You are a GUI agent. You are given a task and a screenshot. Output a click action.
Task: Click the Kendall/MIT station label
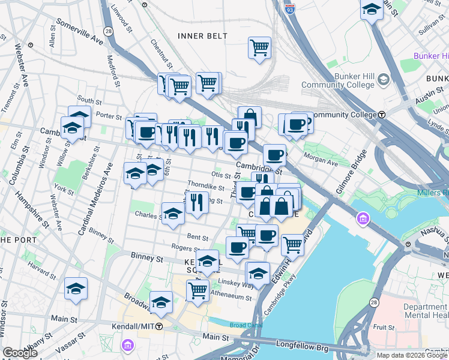point(133,326)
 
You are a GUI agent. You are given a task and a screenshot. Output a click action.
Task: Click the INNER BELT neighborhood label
point(203,36)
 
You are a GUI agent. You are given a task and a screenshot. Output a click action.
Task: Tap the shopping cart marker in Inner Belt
point(259,48)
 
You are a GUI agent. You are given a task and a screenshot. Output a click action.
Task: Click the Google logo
point(20,353)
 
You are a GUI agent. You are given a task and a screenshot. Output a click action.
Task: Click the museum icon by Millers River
point(363,220)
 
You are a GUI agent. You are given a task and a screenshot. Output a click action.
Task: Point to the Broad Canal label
point(246,325)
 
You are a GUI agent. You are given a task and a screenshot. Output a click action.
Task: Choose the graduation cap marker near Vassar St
point(76,289)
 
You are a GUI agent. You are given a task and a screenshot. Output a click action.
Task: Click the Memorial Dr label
point(248,350)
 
